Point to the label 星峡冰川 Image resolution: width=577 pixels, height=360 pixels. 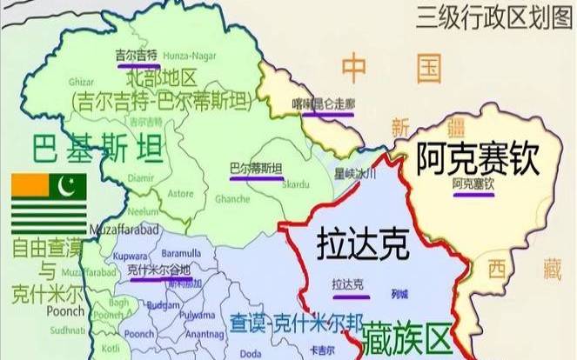pyautogui.click(x=355, y=174)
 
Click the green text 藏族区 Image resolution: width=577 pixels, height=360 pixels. pyautogui.click(x=406, y=334)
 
